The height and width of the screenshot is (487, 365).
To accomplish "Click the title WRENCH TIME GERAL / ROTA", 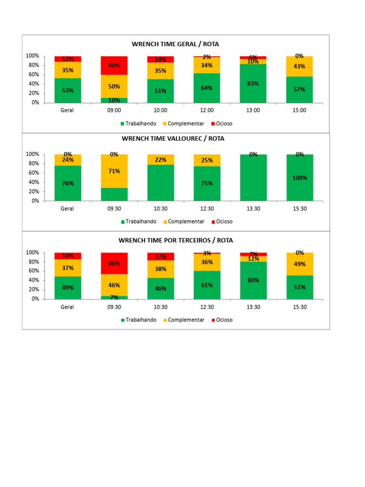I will (175, 44).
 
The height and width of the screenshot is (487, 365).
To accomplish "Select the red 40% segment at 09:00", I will (114, 66).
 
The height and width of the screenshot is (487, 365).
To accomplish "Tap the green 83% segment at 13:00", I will (253, 84).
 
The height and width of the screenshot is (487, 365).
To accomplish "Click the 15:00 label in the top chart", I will (299, 110).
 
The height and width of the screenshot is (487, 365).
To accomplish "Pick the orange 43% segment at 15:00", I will (299, 67).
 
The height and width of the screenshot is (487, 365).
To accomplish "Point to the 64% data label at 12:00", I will (207, 88).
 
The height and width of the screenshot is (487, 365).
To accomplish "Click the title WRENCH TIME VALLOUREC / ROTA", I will (173, 139).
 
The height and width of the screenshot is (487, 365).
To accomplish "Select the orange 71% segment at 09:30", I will (114, 171).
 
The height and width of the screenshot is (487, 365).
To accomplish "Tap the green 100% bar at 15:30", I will (299, 178).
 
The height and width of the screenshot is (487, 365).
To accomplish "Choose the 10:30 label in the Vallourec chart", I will (160, 208).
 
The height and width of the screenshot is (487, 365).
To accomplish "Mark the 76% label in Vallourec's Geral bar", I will (67, 183).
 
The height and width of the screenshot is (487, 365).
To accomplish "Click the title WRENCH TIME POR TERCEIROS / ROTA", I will (175, 240).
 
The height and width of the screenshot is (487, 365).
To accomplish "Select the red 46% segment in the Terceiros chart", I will (114, 263).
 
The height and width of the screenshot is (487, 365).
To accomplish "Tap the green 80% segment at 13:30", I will (253, 281).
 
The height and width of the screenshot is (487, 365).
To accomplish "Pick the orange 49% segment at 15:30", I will (299, 264).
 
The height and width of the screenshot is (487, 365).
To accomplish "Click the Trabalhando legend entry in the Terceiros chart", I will (138, 320).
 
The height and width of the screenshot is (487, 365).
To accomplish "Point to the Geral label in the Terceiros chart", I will (67, 307).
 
